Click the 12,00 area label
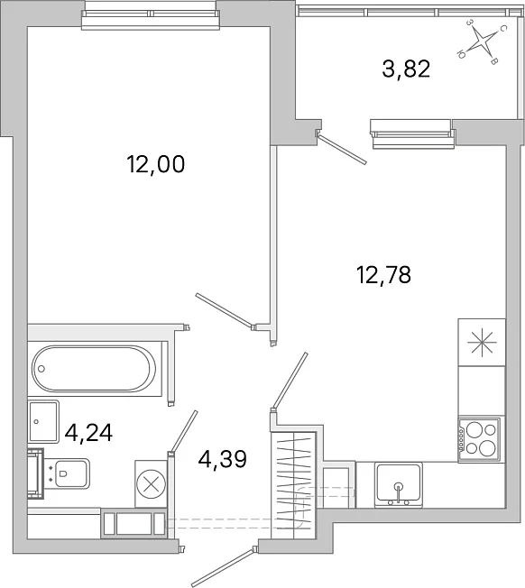click(156, 164)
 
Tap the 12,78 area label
click(383, 274)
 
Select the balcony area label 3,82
click(406, 69)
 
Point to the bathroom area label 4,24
click(88, 433)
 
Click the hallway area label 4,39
click(223, 459)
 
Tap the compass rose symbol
click(482, 41)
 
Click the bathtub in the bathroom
click(94, 369)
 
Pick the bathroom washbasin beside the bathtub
click(43, 421)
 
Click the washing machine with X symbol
click(152, 483)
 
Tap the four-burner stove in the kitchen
click(480, 439)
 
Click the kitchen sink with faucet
click(399, 484)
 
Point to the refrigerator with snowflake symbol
click(482, 343)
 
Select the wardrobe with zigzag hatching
click(294, 485)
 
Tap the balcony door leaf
click(342, 147)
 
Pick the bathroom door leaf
click(183, 432)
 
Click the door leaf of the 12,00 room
click(225, 310)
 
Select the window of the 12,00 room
click(150, 19)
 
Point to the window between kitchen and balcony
click(412, 133)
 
